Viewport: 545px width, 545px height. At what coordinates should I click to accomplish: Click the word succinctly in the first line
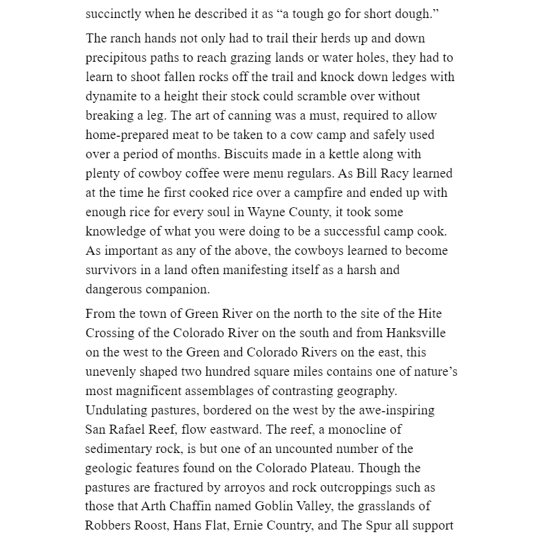[x=113, y=14]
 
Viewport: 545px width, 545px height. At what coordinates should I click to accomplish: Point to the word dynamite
[x=110, y=97]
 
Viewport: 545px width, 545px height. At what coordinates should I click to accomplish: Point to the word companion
[x=178, y=290]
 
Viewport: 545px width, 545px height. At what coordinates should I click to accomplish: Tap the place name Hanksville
[x=416, y=333]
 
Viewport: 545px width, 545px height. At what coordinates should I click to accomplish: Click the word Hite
[x=429, y=314]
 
